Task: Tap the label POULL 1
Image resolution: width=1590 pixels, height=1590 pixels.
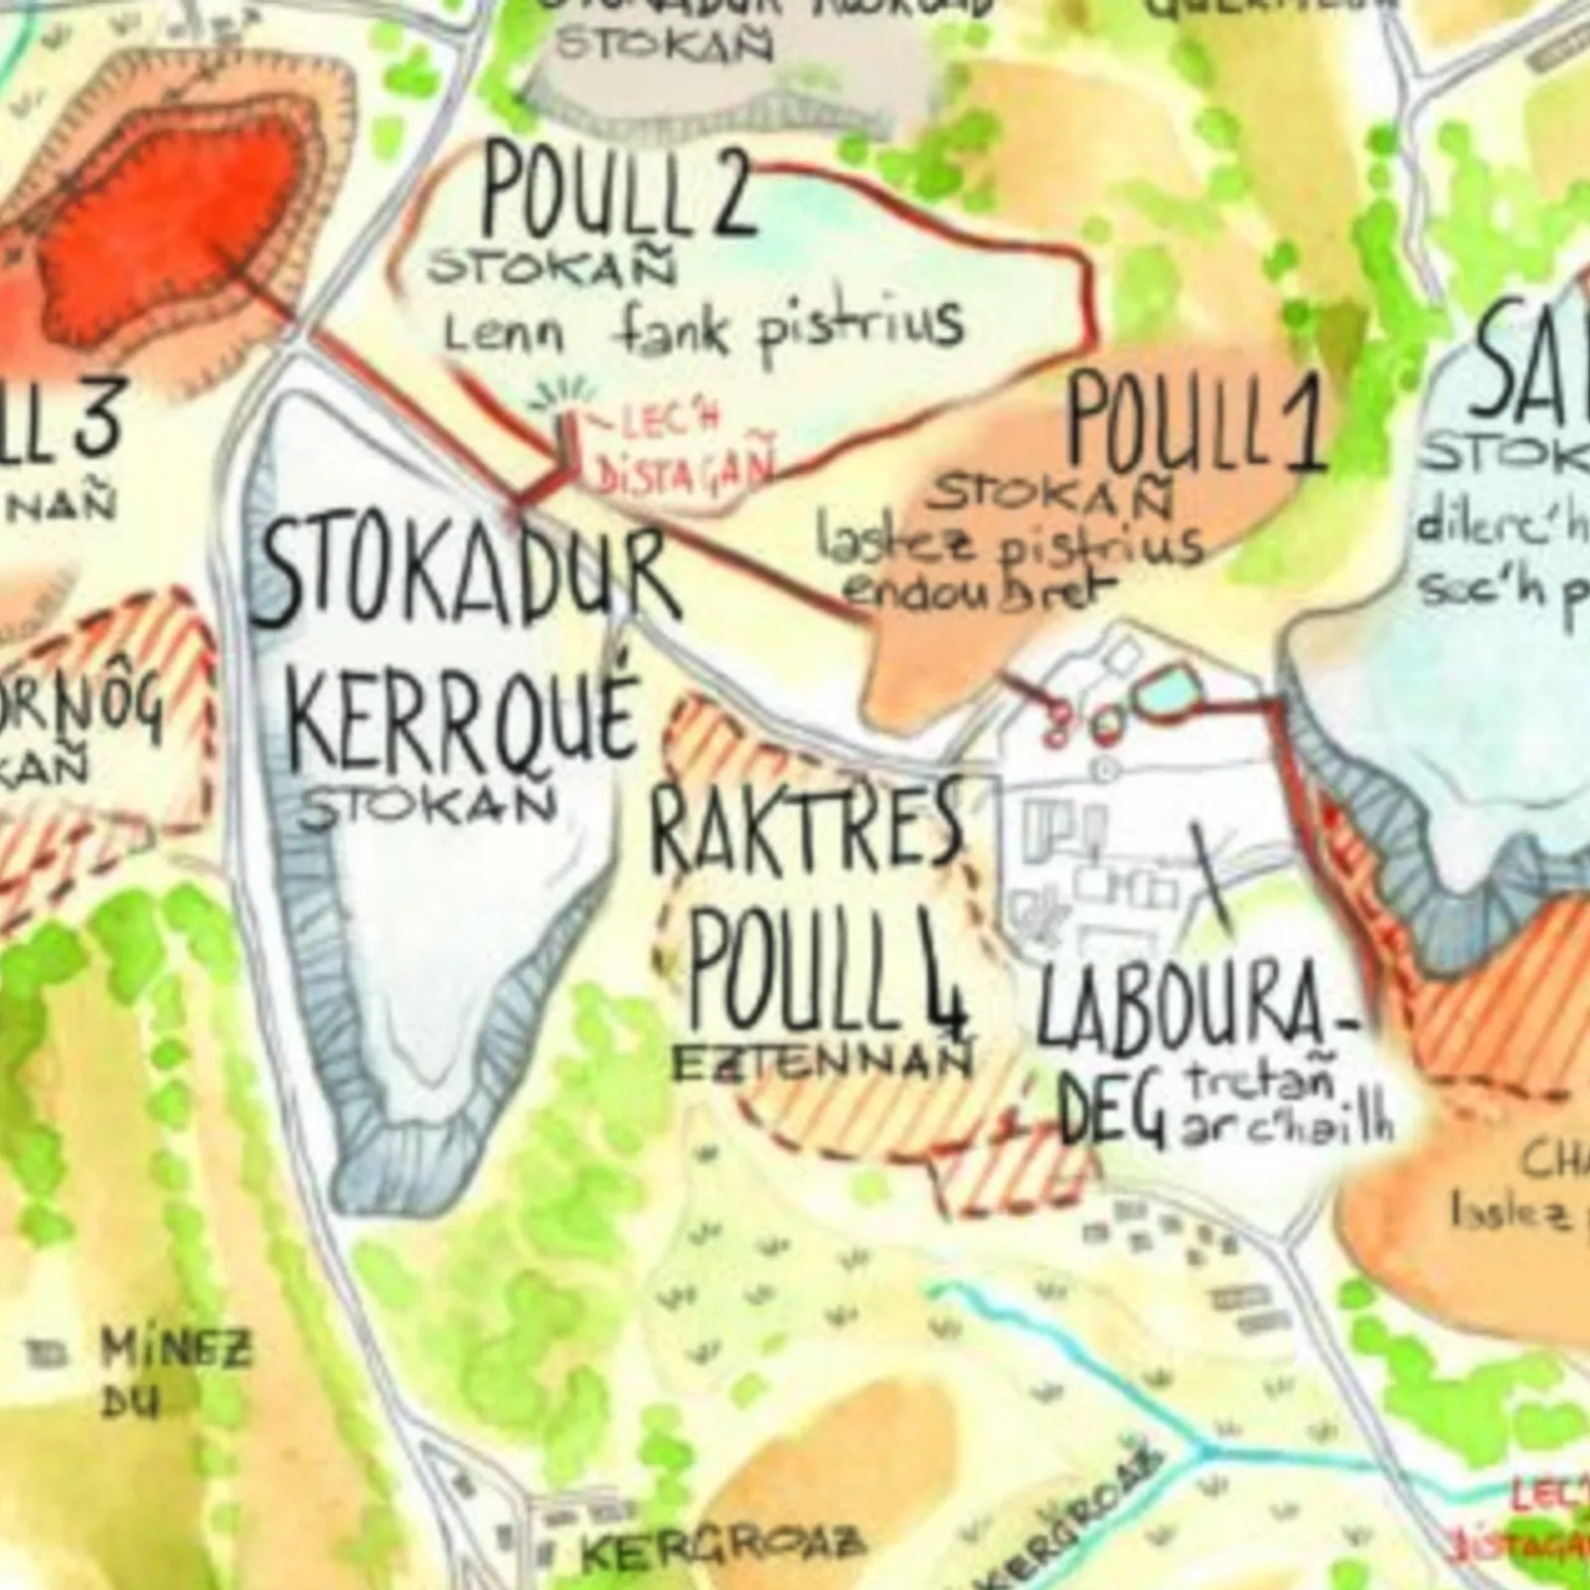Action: (x=1196, y=422)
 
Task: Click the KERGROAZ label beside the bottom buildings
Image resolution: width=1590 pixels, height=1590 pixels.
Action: (x=721, y=1546)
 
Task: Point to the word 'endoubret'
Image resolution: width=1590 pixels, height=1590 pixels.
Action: (x=979, y=590)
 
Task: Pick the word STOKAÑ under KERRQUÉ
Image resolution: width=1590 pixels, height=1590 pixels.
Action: (x=427, y=806)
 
